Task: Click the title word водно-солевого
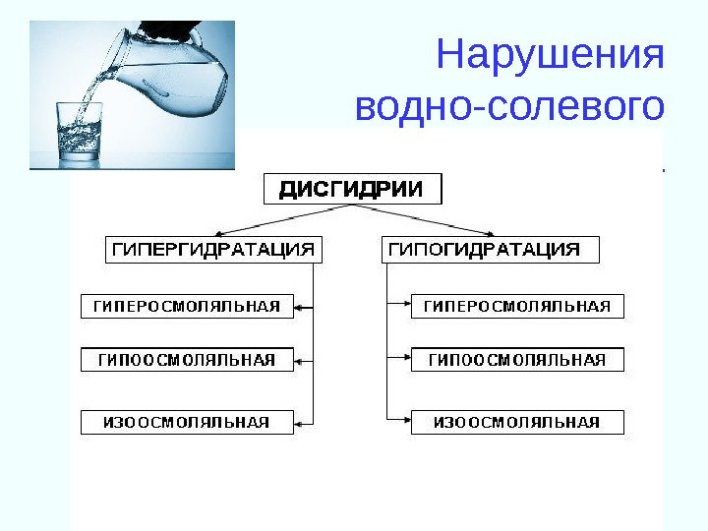point(509,106)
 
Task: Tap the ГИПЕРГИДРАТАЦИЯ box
point(212,250)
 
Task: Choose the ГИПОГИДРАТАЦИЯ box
point(489,250)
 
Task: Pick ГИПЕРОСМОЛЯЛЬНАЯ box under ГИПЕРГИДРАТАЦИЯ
point(187,307)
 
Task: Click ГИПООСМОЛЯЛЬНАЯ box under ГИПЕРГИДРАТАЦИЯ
point(187,360)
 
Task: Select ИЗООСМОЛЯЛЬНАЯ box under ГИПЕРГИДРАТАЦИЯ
point(187,423)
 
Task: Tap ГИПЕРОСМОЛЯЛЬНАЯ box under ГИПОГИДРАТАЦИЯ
point(517,307)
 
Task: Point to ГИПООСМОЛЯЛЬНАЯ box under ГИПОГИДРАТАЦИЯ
point(517,360)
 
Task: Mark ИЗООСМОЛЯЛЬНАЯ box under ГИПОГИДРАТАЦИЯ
point(517,423)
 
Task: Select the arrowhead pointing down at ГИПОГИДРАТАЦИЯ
point(490,232)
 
